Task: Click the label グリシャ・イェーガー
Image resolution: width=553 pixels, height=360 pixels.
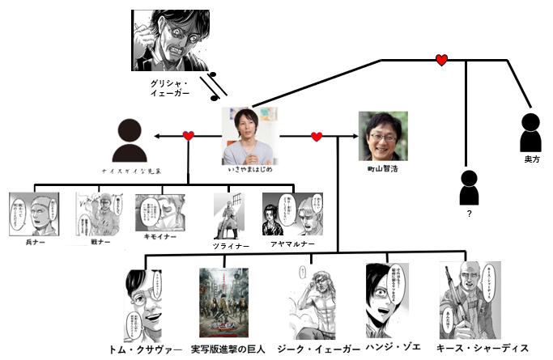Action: (170, 88)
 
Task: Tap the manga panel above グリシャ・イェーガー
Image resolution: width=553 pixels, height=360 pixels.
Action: (176, 40)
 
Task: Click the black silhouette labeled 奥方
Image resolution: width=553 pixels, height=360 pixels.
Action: (531, 133)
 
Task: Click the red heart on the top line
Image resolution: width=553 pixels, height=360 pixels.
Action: (441, 60)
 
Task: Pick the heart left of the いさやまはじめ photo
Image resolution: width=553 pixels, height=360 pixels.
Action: (189, 136)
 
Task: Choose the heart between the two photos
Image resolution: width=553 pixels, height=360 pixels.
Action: (317, 136)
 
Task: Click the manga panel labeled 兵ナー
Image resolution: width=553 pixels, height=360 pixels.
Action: (34, 214)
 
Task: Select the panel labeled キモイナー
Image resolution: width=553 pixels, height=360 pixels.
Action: (160, 212)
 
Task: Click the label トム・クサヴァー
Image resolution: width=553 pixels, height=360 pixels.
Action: (147, 349)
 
